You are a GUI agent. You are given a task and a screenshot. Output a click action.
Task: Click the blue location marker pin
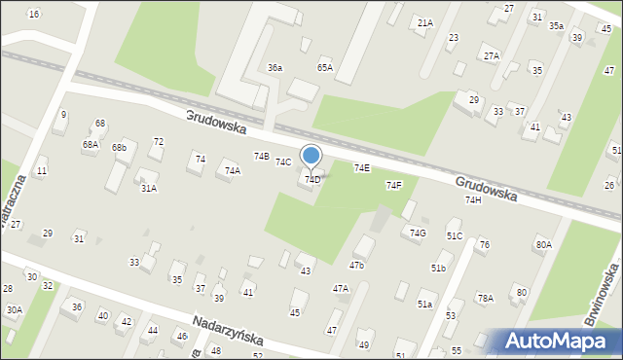(311, 157)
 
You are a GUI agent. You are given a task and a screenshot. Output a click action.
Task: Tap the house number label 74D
(312, 180)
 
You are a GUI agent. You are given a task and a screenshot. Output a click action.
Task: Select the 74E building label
(361, 168)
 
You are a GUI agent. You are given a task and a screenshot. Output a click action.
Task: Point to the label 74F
(393, 185)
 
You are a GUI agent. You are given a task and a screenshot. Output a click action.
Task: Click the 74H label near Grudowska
(473, 199)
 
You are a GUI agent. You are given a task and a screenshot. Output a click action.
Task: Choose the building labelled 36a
(275, 68)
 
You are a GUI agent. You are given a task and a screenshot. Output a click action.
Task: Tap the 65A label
(325, 68)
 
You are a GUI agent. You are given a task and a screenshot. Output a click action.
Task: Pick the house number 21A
(424, 22)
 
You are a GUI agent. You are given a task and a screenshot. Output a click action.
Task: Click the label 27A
(491, 56)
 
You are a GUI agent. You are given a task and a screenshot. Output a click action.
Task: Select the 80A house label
(543, 245)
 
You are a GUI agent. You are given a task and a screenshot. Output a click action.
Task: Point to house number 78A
(485, 298)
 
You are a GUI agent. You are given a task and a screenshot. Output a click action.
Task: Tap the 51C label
(455, 236)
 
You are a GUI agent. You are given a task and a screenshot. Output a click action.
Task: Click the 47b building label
(357, 265)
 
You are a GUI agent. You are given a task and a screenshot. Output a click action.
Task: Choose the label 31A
(148, 189)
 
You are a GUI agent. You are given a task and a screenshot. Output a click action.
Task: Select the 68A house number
(90, 144)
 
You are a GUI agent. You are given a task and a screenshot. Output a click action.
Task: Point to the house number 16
(34, 14)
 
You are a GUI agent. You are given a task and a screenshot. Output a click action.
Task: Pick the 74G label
(418, 233)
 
